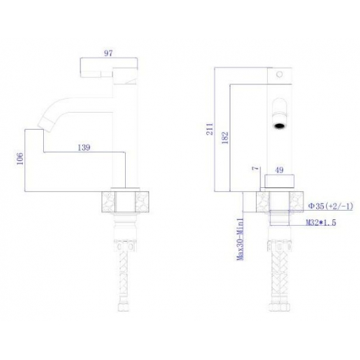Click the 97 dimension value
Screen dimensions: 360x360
pos(109,53)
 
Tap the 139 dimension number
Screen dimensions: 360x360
pos(84,147)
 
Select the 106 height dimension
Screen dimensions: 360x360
pos(20,158)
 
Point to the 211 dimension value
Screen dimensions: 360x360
pos(210,129)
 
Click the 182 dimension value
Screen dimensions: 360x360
pos(225,137)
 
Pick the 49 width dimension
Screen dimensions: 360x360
pos(279,170)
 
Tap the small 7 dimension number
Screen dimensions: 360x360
pos(255,168)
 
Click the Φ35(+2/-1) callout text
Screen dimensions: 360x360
pos(331,206)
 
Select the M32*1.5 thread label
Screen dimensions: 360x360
pos(321,223)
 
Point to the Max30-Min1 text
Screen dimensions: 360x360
pos(240,239)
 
